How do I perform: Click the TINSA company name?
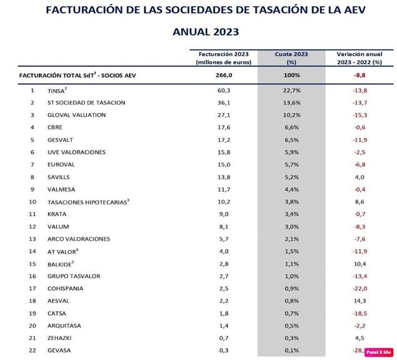point(58,91)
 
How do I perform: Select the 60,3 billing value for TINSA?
point(223,91)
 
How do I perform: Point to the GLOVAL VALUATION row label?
point(77,116)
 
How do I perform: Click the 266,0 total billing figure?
point(223,75)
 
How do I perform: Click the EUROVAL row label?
point(61,165)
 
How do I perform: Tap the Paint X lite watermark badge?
point(378,352)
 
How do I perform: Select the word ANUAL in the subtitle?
point(181,31)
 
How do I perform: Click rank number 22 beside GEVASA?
point(33,350)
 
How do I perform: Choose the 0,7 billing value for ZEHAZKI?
point(223,337)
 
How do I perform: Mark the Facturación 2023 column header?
point(223,58)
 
